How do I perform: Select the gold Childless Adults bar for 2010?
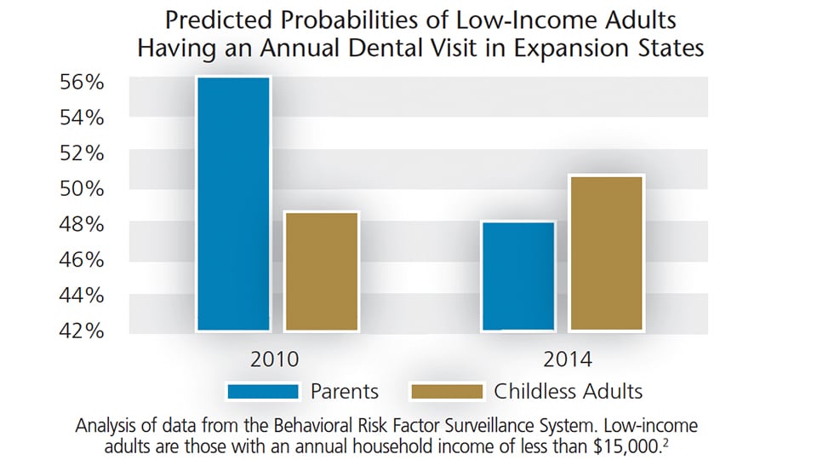click(322, 271)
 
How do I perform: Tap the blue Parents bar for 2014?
click(518, 276)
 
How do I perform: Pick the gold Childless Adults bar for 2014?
click(606, 253)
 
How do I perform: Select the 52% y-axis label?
click(82, 153)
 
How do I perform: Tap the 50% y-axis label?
click(82, 188)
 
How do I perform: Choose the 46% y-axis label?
click(82, 260)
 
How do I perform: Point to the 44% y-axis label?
click(82, 296)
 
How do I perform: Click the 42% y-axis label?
click(82, 331)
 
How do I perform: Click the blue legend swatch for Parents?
click(263, 391)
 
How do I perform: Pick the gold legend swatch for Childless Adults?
click(447, 391)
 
